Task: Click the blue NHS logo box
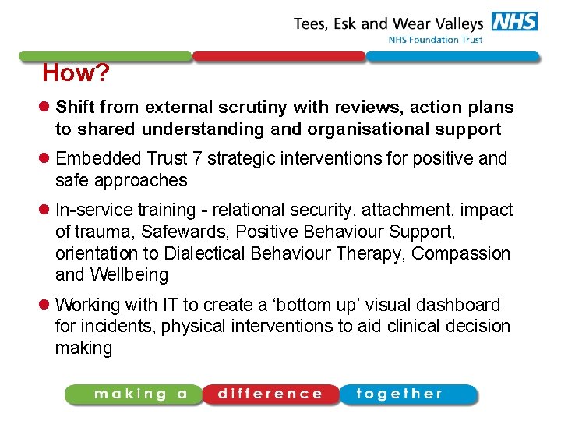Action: coord(515,22)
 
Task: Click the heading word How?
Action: coord(76,74)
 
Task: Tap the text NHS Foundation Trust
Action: coord(436,40)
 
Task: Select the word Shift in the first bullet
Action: coord(75,108)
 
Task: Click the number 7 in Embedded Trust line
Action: coord(198,159)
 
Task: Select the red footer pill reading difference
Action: coord(270,394)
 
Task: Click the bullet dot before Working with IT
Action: coord(46,305)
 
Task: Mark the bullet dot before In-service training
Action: coord(46,210)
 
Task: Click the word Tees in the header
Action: coord(312,23)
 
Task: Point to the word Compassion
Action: coord(461,254)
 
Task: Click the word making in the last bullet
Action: coord(83,348)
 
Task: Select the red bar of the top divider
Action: coord(278,57)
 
